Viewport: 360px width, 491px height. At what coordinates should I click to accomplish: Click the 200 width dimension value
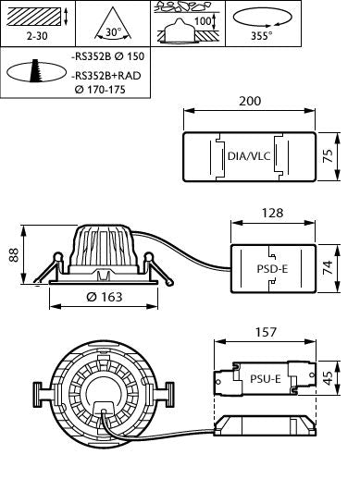click(250, 101)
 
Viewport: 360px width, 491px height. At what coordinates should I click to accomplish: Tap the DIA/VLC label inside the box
click(249, 156)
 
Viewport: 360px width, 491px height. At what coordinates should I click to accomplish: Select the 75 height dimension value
click(328, 156)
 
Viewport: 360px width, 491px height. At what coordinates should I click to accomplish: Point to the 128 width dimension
click(272, 213)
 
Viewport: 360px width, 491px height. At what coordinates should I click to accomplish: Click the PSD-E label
click(272, 269)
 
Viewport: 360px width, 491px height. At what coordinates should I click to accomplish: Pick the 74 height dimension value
click(328, 268)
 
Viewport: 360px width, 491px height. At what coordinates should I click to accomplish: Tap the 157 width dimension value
click(266, 332)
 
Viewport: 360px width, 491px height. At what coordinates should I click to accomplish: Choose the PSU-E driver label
click(266, 379)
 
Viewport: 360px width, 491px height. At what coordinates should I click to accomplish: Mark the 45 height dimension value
click(328, 378)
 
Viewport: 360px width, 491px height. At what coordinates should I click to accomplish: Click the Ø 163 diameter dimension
click(105, 297)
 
